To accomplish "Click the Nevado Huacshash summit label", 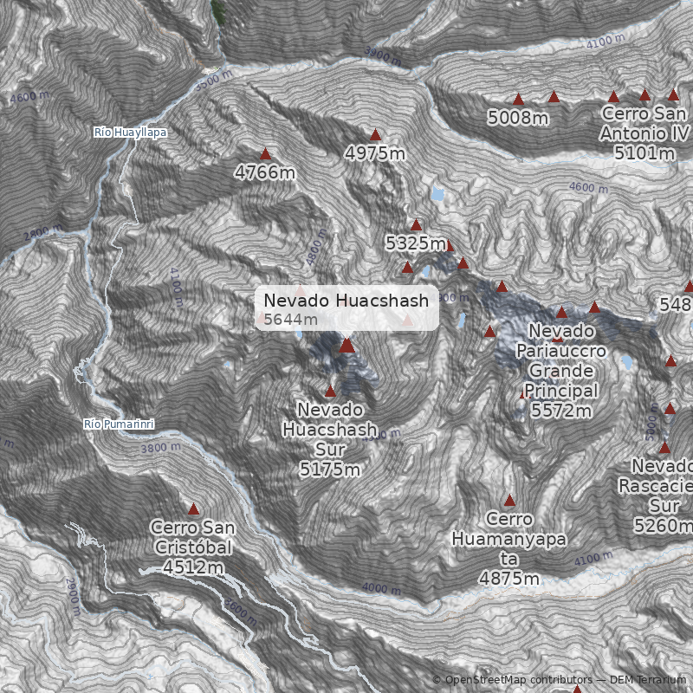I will (346, 301).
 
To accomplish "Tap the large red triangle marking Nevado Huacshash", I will (346, 345).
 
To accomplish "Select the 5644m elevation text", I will (290, 320).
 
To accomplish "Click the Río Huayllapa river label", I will (130, 133).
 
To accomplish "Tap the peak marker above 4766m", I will (265, 153).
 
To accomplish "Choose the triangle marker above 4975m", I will (375, 134).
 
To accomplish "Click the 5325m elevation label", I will (415, 243).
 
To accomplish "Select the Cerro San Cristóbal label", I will (192, 537).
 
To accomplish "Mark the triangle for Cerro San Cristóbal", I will (193, 508).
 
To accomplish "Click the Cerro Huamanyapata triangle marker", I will (509, 499).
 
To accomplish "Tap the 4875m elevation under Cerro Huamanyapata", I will (509, 578).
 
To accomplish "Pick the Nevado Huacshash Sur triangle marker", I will (330, 391).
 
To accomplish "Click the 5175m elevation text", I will (330, 470).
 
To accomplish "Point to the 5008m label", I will (517, 118).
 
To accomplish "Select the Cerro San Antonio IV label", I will (644, 123).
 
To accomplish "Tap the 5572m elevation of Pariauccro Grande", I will (561, 410).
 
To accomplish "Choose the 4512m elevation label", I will (192, 567).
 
